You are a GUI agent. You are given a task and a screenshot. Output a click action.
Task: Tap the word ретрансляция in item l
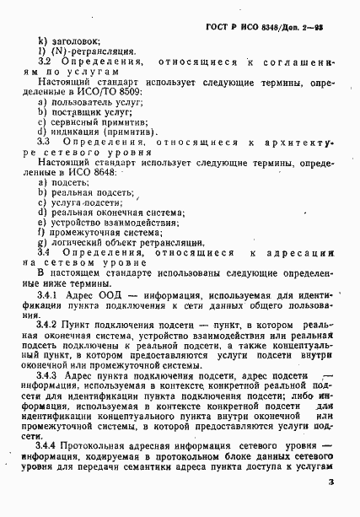point(105,51)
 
